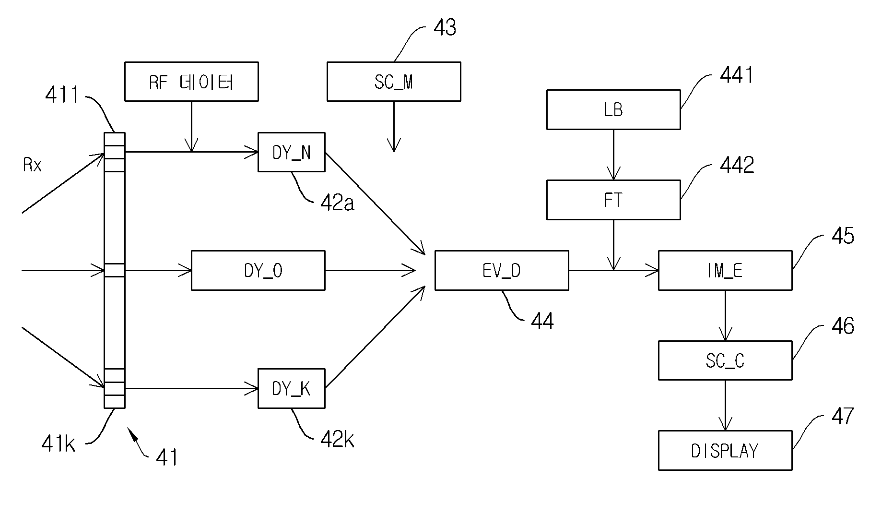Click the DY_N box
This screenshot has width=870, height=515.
[x=292, y=152]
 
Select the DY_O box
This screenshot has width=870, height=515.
[x=258, y=270]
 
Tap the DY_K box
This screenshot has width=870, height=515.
[x=292, y=388]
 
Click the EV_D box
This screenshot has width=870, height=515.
[x=502, y=270]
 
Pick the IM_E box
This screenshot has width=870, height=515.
[x=725, y=270]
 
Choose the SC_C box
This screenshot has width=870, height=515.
[x=725, y=360]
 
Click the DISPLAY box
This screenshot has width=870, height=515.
[x=725, y=450]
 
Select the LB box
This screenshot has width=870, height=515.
[x=613, y=109]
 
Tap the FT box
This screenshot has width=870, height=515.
[x=613, y=200]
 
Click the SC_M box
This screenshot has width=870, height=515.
[x=394, y=82]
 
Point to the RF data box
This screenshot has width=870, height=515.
[x=191, y=82]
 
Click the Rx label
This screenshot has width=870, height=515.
[x=32, y=166]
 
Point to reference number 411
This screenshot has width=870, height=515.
[x=62, y=95]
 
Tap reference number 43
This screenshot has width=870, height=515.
[x=445, y=28]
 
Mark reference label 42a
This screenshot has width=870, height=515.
[x=337, y=203]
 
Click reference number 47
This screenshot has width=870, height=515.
[x=843, y=416]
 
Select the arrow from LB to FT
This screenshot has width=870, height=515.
[x=613, y=155]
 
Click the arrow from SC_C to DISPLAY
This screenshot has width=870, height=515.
[x=725, y=405]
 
